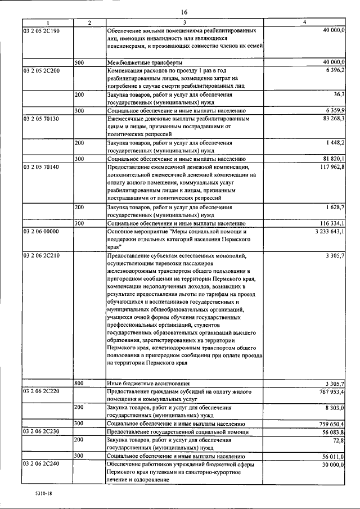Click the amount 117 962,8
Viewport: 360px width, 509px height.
pos(332,167)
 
